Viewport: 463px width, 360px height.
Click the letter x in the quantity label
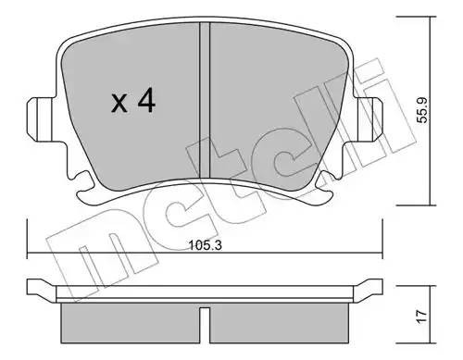click(119, 104)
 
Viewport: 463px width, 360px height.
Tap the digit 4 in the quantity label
click(146, 101)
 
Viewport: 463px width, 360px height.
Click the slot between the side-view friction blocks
click(206, 320)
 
